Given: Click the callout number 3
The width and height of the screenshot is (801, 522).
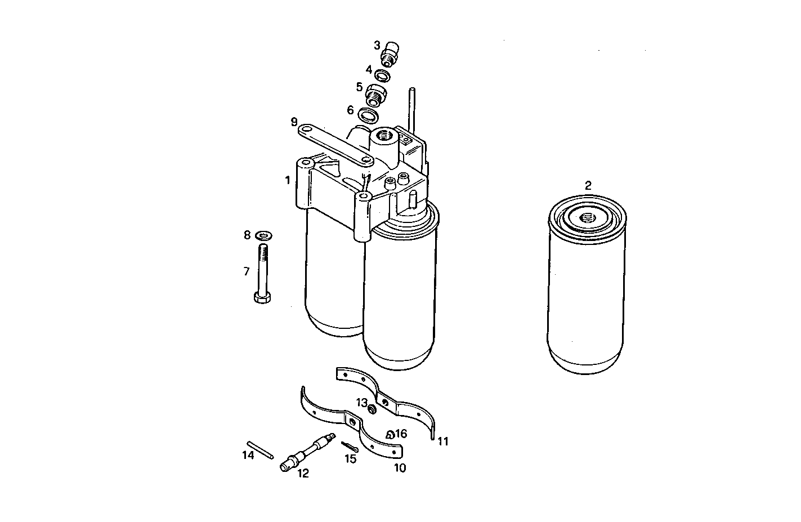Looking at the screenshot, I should (377, 46).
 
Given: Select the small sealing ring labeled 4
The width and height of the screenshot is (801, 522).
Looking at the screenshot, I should (383, 75).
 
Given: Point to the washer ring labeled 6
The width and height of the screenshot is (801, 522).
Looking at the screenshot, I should (368, 115).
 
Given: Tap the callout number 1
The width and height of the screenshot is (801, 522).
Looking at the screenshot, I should (288, 180).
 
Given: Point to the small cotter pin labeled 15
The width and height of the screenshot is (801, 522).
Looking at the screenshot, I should (349, 447).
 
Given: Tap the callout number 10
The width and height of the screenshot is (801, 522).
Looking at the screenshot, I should (399, 467).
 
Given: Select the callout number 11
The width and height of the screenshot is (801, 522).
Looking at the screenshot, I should (443, 441).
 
